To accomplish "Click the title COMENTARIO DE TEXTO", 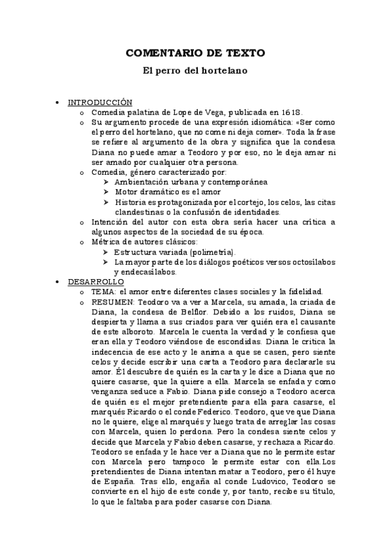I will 195,53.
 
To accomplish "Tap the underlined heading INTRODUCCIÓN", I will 101,102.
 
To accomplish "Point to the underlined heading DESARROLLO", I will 96,281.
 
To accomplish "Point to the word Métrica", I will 108,241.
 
